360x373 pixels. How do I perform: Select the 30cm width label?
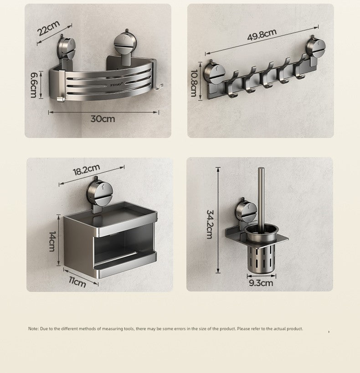(x=103, y=119)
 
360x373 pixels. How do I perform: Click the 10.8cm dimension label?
(x=194, y=83)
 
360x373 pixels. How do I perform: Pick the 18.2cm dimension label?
(x=86, y=170)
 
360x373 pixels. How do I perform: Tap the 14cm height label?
(x=52, y=241)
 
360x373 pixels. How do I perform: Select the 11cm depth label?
(x=77, y=282)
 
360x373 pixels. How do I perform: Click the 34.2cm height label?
(x=210, y=224)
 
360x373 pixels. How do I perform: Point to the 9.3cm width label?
(x=261, y=283)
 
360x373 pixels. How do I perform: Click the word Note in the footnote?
(x=33, y=329)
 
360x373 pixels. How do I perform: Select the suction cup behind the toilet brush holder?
(x=246, y=210)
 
